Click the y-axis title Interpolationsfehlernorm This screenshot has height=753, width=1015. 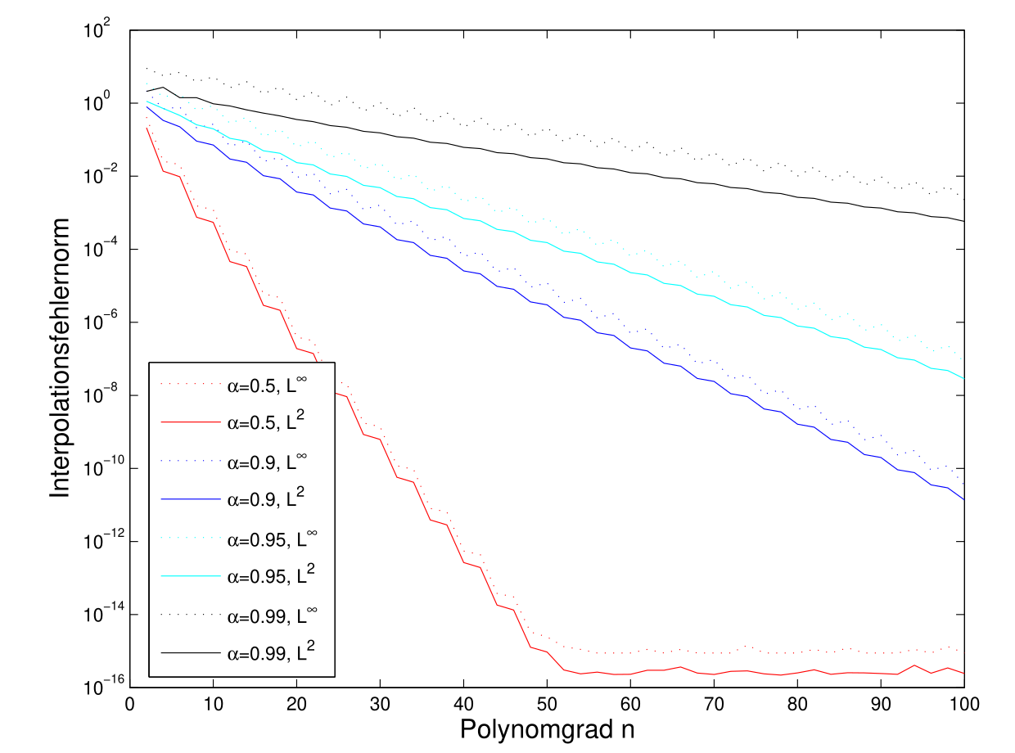click(x=61, y=358)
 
